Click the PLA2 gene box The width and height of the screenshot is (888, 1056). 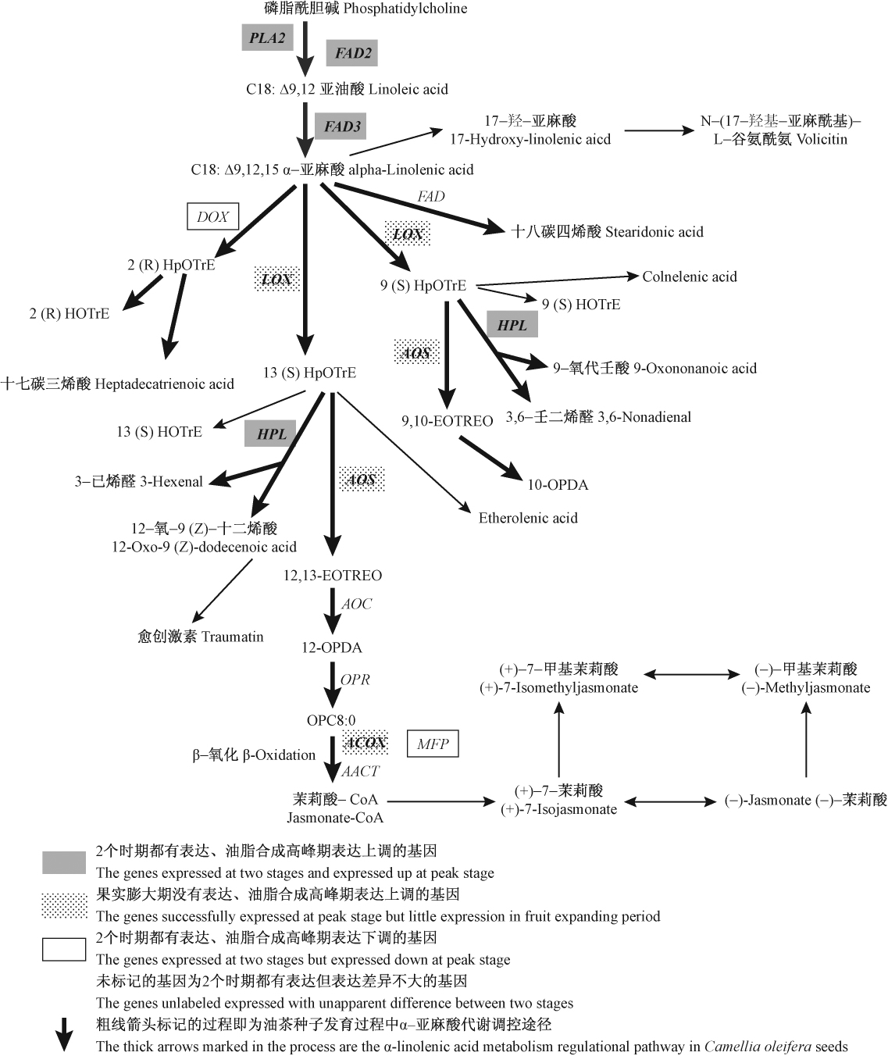267,37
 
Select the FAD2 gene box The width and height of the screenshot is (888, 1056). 352,53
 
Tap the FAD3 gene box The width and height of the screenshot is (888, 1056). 341,126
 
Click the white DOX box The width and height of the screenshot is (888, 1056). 212,217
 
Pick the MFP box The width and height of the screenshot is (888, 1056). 433,744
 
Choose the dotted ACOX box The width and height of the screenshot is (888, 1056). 365,742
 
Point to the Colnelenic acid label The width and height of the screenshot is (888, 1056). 690,276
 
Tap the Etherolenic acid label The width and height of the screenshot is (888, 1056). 528,518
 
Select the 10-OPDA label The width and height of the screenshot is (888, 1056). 558,485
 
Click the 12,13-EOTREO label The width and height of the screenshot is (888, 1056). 333,576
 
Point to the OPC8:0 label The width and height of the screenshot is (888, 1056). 332,719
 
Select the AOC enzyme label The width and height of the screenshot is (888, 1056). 357,604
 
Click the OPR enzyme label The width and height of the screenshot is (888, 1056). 355,680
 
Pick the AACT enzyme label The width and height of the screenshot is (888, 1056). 360,771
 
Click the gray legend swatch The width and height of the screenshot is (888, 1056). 64,862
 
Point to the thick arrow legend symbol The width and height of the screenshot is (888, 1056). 63,1036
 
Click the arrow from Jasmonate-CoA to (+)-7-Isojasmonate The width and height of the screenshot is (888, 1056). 442,801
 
